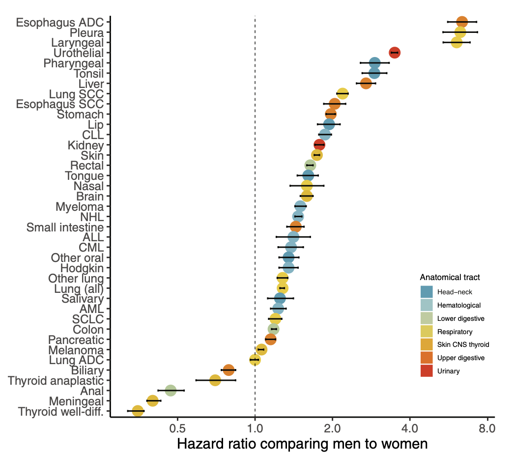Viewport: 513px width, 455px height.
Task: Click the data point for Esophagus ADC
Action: pos(462,22)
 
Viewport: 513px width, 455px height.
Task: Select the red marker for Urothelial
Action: pos(395,53)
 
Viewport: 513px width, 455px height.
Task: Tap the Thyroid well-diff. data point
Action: pos(138,411)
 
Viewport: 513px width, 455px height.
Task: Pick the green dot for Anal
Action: pos(171,391)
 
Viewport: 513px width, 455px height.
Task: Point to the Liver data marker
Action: pos(366,83)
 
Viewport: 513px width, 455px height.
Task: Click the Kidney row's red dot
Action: pos(319,144)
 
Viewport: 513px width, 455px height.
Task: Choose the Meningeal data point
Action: pos(152,401)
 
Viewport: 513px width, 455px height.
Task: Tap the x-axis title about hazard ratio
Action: pos(302,444)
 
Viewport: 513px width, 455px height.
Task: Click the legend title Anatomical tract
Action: pos(450,278)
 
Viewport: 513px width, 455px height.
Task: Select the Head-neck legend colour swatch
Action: pos(427,292)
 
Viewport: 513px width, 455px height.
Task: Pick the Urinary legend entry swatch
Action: pos(427,371)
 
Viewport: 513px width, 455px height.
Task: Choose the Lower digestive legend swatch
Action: pos(427,318)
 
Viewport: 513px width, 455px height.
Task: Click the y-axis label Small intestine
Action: pos(65,227)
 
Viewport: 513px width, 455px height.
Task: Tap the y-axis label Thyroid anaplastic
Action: pos(56,381)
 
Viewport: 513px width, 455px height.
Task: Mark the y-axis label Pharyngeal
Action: pos(73,63)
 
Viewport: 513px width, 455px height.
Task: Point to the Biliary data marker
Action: pos(228,370)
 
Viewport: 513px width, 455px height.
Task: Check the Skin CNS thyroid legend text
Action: pos(463,344)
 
